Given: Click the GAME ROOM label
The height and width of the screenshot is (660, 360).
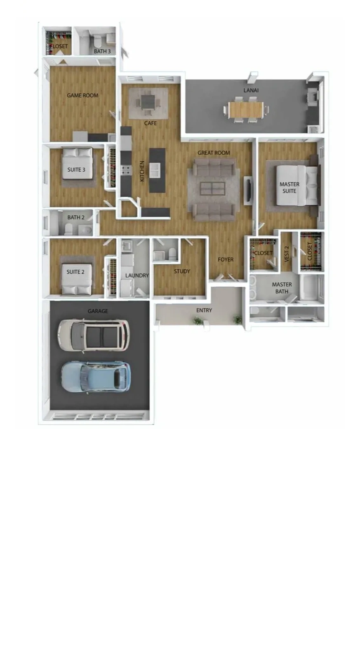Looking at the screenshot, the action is (82, 95).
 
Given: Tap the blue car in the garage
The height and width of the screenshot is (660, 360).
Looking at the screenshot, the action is (96, 377).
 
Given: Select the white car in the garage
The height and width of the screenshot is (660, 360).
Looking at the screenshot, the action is (94, 335).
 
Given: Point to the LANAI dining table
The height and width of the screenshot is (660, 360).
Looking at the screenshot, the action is (246, 110).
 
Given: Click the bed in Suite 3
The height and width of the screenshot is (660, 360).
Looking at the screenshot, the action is (78, 163).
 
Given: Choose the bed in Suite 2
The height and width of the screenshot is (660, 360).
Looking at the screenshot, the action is (77, 279).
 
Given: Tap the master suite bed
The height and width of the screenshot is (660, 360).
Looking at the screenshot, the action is (297, 186).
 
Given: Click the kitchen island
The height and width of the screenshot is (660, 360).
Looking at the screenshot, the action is (157, 170).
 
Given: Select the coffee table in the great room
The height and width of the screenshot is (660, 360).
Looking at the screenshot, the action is (212, 188).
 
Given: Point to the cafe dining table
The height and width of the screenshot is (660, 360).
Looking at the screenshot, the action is (148, 102).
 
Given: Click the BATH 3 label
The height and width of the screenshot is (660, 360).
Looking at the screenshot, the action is (102, 51).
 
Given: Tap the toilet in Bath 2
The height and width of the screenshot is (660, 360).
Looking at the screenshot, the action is (68, 229).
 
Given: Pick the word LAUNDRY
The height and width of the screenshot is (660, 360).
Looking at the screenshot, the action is (137, 276).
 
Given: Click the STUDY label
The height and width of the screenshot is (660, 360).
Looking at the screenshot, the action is (182, 271).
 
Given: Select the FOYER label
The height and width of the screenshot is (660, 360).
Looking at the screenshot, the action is (226, 259).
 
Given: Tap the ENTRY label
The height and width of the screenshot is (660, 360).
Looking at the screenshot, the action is (204, 310).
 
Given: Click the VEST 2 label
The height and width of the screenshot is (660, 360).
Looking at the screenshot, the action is (287, 254).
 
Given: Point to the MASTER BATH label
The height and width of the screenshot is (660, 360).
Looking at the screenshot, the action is (282, 288).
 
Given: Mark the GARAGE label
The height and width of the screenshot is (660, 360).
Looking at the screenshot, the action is (98, 311).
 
